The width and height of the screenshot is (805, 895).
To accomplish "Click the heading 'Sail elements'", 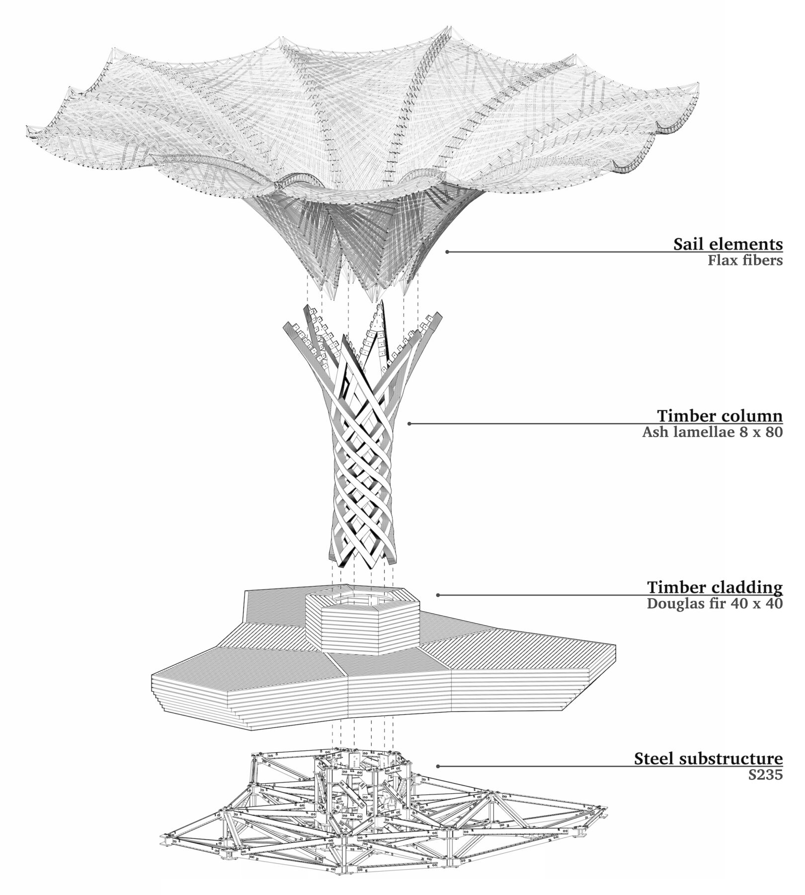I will tap(728, 245).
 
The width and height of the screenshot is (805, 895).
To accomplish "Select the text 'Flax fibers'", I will tap(745, 261).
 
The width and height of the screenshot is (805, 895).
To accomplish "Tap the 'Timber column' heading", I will tap(720, 416).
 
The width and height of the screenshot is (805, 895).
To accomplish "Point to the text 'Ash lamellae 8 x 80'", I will tap(712, 432).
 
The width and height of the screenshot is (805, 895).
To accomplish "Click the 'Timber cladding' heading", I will tap(715, 588).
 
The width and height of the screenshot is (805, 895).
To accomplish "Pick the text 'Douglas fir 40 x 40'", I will tap(715, 604).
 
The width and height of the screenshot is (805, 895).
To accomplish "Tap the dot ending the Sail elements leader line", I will tap(447, 252).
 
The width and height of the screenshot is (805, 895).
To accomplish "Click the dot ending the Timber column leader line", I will tap(409, 424).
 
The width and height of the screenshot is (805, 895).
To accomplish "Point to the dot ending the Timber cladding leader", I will tap(437, 595).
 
